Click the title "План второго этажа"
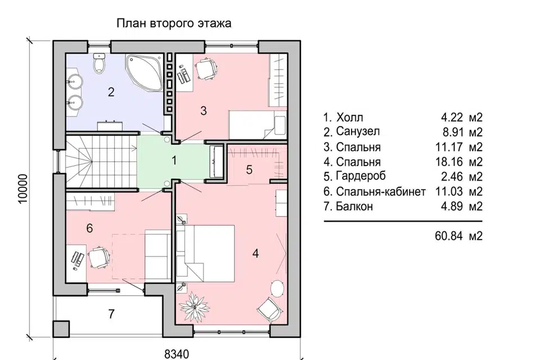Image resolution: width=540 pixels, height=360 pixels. pos(174,24)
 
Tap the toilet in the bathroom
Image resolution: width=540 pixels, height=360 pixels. pos(99,63)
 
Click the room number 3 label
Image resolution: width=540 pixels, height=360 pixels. pos(204,111)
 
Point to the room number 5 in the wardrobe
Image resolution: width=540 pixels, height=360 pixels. pos(249,169)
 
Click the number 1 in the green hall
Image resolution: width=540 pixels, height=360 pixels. pos(174,160)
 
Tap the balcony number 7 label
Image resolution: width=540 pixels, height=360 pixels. pos(111,314)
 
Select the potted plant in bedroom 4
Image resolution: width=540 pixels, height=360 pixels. pos(195,304)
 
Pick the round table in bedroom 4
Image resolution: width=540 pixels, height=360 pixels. pos(277,287)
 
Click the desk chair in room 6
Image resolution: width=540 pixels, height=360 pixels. pos(99,257)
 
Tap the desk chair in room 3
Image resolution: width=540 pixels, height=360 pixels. pos(206,69)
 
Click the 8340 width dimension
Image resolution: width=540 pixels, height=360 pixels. pos(177,354)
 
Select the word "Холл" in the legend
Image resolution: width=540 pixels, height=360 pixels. pos(349,118)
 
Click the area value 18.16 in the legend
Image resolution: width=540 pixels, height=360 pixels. pos(449,161)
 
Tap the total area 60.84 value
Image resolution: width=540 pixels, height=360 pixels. pos(449,236)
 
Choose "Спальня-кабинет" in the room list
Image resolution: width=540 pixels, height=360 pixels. pos(381,192)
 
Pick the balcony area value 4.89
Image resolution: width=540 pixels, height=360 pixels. pos(452,206)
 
